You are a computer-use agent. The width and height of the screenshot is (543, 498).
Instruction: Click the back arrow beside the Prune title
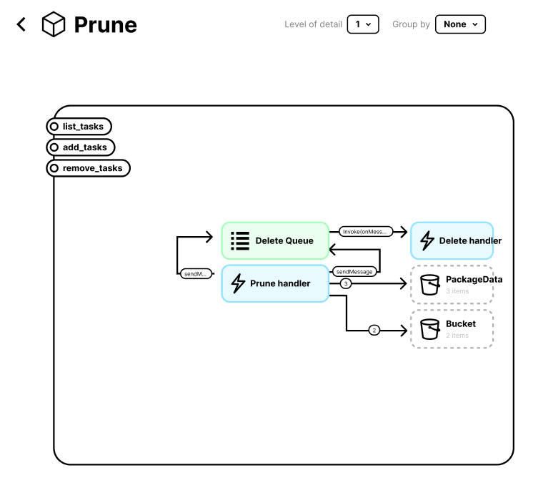21,24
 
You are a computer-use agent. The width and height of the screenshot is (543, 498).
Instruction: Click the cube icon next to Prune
54,24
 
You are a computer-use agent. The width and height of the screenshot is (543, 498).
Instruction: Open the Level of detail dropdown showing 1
363,24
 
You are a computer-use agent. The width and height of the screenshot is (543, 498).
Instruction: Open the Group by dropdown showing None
460,24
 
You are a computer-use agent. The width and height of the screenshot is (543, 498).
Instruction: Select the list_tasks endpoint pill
79,127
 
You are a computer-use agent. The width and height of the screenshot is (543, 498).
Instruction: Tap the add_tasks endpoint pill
80,147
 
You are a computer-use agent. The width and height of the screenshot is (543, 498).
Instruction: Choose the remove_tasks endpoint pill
88,169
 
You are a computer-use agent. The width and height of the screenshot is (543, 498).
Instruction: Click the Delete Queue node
275,240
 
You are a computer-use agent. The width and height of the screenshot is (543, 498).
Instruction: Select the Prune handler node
275,283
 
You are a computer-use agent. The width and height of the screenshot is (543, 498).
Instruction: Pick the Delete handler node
452,240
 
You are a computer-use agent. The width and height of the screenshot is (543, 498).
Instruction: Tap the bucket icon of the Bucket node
429,329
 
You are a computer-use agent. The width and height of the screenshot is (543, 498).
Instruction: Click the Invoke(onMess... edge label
366,231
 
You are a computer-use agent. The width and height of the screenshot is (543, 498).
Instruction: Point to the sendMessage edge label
354,272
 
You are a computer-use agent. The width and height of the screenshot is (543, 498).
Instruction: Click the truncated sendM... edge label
196,273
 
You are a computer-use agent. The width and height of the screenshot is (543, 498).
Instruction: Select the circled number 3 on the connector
346,284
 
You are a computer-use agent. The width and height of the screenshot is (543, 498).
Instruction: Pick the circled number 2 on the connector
374,331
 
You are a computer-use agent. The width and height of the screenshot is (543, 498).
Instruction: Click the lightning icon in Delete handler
427,240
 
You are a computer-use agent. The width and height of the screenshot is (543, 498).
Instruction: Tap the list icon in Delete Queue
240,240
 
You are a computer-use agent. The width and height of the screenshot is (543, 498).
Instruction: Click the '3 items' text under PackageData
457,291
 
